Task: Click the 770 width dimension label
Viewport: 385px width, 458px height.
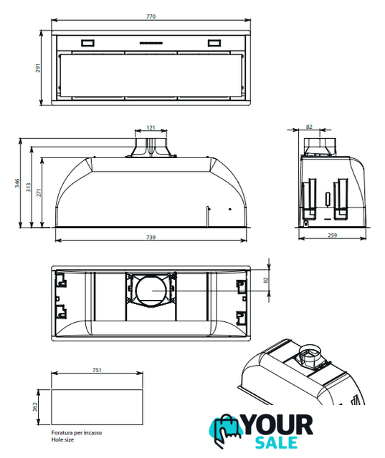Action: [x=151, y=16]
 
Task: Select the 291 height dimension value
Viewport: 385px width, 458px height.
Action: [x=38, y=68]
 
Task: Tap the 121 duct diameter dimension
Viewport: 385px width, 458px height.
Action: [x=151, y=127]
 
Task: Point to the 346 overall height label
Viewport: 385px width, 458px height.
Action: [x=17, y=183]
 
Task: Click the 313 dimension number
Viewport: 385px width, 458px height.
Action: [x=29, y=187]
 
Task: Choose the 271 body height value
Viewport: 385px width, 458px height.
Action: [x=39, y=193]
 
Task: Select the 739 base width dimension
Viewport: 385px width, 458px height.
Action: [x=151, y=238]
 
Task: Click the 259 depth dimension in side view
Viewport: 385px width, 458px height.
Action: [x=333, y=235]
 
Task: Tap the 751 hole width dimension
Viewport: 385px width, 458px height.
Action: [x=97, y=370]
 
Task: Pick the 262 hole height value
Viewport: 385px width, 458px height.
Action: [x=35, y=407]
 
